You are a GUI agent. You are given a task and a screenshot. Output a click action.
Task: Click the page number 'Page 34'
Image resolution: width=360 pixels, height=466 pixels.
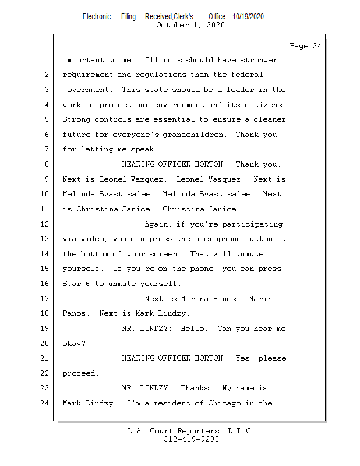(x=305, y=46)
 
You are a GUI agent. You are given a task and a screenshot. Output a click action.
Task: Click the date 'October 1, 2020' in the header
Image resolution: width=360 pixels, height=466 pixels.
(x=190, y=25)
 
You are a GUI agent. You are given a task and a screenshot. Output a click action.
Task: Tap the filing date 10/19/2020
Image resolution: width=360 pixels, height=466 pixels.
(x=248, y=17)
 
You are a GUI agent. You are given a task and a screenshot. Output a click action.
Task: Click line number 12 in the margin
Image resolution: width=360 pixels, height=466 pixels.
(x=46, y=224)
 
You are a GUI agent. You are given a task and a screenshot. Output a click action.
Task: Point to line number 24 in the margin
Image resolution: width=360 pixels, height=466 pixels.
(x=46, y=403)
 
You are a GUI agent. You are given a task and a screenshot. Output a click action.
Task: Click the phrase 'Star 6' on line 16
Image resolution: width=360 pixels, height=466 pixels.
(x=76, y=284)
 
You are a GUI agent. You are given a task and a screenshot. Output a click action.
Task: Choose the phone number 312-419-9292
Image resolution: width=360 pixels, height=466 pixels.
(x=191, y=440)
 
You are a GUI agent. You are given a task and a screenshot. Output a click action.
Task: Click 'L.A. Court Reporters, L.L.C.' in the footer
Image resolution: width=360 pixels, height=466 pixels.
(x=191, y=432)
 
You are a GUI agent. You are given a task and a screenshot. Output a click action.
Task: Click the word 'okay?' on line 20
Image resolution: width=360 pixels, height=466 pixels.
(x=74, y=344)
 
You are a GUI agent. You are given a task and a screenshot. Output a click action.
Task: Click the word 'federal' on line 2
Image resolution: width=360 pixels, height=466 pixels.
(x=247, y=75)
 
